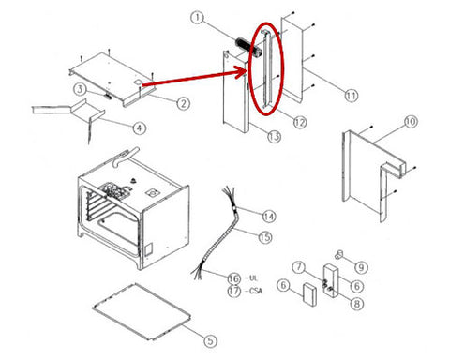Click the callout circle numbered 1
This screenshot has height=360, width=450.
[x=198, y=18]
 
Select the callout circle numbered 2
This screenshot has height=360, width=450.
[x=183, y=103]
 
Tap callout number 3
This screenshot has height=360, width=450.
[x=81, y=90]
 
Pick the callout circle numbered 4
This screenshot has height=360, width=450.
[x=139, y=127]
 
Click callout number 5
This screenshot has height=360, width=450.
[x=210, y=340]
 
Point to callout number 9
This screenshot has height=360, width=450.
[x=361, y=267]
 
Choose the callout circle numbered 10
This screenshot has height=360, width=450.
[x=412, y=122]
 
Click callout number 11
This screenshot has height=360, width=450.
[x=352, y=96]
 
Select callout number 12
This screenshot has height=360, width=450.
[x=300, y=123]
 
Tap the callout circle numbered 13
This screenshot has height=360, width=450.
[x=274, y=137]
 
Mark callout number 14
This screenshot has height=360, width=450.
[x=269, y=217]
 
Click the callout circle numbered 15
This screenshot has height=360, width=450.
[x=265, y=237]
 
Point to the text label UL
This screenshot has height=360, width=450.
[x=252, y=277]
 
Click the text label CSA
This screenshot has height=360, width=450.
[x=256, y=291]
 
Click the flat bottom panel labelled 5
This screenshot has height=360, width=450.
[x=142, y=311]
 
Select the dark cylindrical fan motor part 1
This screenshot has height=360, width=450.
[x=247, y=48]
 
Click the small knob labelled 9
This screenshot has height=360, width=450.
[x=338, y=254]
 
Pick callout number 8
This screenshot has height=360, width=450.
[x=357, y=304]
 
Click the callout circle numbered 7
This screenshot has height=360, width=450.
[x=299, y=267]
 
